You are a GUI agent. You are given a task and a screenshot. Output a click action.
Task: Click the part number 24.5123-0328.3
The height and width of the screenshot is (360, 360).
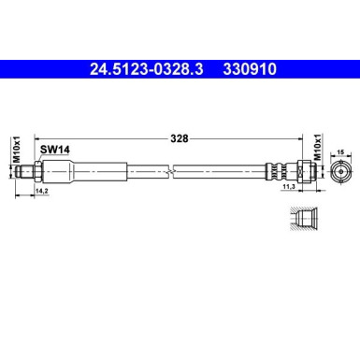[150, 68]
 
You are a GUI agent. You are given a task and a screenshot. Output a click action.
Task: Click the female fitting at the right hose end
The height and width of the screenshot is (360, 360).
[301, 171]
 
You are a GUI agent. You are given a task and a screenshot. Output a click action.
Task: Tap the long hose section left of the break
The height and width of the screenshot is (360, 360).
[126, 171]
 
